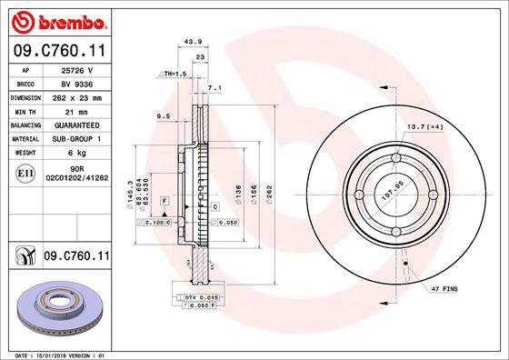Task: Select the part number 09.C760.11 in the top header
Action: click(x=56, y=52)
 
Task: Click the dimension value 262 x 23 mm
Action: click(x=77, y=95)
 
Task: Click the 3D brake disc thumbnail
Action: click(x=62, y=307)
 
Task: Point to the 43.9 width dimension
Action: click(x=192, y=41)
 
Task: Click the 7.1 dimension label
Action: click(x=215, y=88)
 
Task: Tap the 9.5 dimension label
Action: click(x=165, y=116)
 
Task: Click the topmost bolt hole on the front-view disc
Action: click(x=396, y=159)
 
